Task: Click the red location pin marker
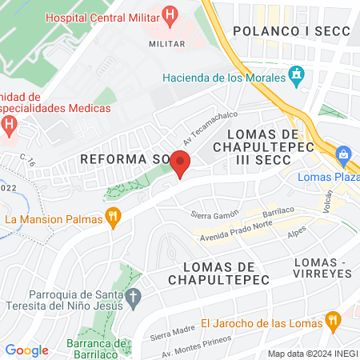181,162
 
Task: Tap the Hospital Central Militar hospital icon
169,14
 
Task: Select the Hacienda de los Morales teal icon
296,77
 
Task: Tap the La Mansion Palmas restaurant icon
114,218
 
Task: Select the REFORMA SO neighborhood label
121,160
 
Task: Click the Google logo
26,350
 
